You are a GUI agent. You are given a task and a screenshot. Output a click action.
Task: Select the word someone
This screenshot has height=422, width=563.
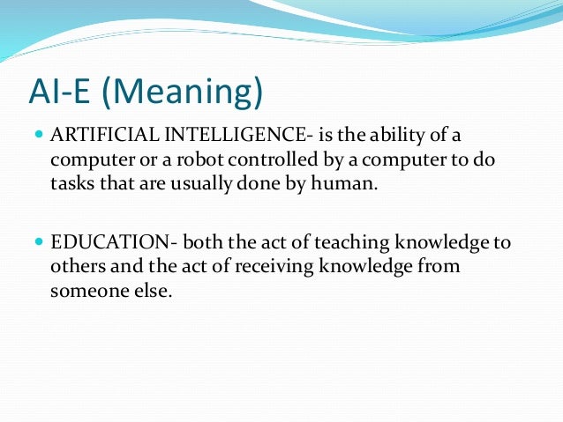[86, 291]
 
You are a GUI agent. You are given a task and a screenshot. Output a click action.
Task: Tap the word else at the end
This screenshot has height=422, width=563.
[146, 291]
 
